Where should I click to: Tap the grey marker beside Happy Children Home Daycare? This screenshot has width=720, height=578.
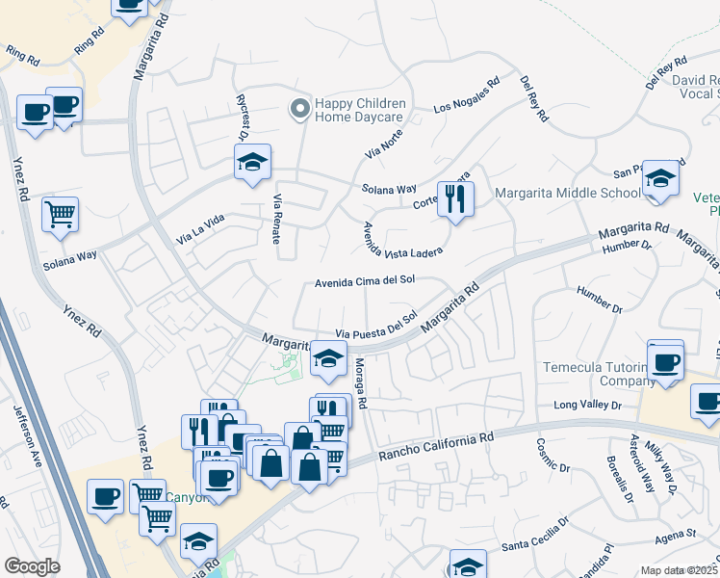pyautogui.click(x=300, y=110)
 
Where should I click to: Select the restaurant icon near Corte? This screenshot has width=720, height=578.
pyautogui.click(x=454, y=198)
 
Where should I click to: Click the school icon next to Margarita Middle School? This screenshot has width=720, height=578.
pyautogui.click(x=660, y=178)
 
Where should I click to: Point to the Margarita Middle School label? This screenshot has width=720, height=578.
pyautogui.click(x=568, y=193)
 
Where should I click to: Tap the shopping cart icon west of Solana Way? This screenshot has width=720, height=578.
pyautogui.click(x=60, y=214)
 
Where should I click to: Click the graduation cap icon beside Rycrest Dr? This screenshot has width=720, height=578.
pyautogui.click(x=252, y=162)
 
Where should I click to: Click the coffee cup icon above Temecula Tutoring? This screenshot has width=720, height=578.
pyautogui.click(x=666, y=360)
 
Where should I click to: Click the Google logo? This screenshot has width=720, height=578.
pyautogui.click(x=32, y=566)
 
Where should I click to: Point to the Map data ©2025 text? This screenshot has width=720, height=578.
pyautogui.click(x=679, y=570)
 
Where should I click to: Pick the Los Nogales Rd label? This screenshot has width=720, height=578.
pyautogui.click(x=467, y=95)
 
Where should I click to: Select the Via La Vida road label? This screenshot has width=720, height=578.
pyautogui.click(x=200, y=229)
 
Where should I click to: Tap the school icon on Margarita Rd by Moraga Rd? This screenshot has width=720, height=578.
pyautogui.click(x=328, y=358)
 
